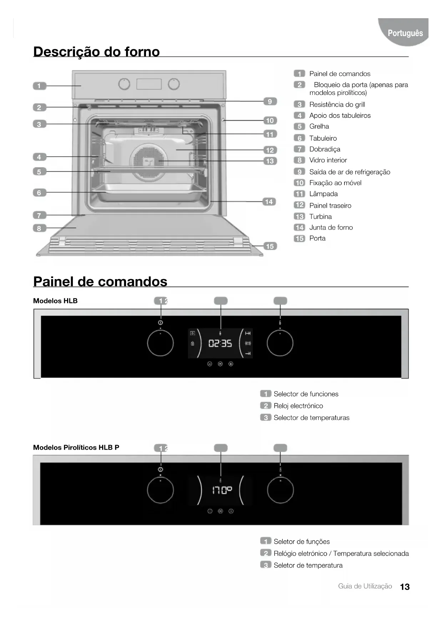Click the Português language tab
(405, 33)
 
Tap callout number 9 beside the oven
(270, 102)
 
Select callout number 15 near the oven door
(270, 246)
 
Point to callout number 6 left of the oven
(39, 193)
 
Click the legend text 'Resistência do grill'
(337, 105)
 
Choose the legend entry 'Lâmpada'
(323, 194)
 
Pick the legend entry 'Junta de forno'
(331, 227)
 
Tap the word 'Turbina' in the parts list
(320, 217)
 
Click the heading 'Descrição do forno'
(96, 52)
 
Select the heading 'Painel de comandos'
(100, 282)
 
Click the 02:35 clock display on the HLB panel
(220, 344)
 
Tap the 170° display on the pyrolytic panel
(222, 490)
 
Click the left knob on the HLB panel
(160, 343)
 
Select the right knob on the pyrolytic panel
(280, 490)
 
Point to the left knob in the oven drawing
(124, 84)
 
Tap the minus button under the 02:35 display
(210, 364)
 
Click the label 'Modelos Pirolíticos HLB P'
(76, 448)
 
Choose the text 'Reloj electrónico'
(298, 406)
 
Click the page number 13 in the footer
(405, 587)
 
